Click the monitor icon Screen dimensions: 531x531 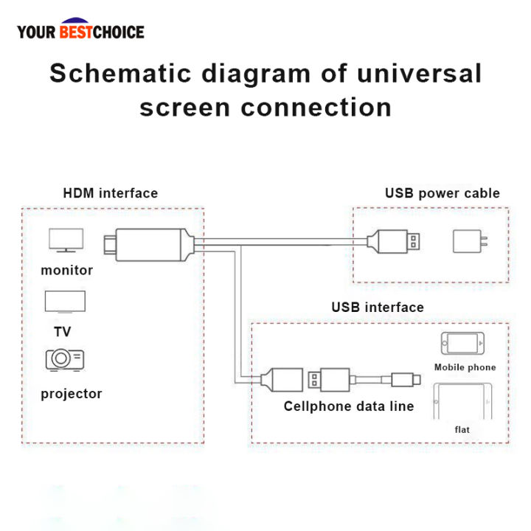pyautogui.click(x=66, y=241)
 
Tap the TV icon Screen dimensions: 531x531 pyautogui.click(x=65, y=302)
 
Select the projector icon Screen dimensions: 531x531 pyautogui.click(x=65, y=360)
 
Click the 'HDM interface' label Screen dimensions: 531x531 pyautogui.click(x=111, y=194)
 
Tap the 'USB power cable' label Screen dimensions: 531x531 pyautogui.click(x=442, y=194)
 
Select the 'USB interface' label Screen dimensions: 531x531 pyautogui.click(x=378, y=308)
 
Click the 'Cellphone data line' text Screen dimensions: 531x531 pyautogui.click(x=349, y=406)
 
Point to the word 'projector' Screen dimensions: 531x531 pyautogui.click(x=72, y=394)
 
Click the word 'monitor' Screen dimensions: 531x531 pyautogui.click(x=67, y=271)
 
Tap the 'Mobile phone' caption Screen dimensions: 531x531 pyautogui.click(x=465, y=367)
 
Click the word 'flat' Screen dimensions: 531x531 pyautogui.click(x=462, y=429)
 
